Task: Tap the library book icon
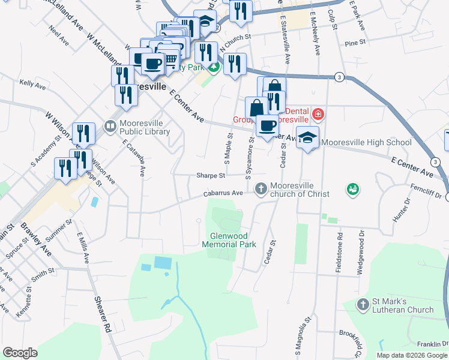coord(110,127)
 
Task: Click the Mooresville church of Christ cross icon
coord(261,188)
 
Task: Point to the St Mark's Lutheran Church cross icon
coord(362,305)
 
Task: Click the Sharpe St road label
coord(210,176)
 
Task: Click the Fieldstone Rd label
coord(339,253)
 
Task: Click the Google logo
coord(20,353)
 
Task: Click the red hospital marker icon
coord(318,113)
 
